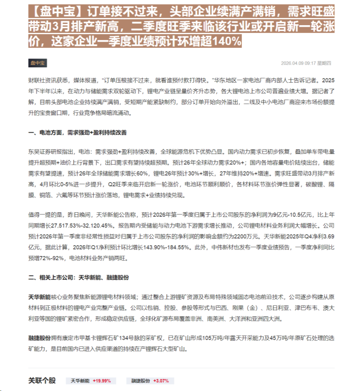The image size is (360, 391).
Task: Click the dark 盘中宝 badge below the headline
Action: point(37,63)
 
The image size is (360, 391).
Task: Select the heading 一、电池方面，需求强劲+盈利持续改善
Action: point(78,133)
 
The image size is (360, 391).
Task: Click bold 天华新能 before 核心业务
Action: point(39,296)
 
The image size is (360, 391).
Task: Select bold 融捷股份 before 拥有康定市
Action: point(39,338)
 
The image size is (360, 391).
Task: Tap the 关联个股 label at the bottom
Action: point(42,380)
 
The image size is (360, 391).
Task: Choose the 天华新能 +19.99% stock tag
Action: point(90,381)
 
